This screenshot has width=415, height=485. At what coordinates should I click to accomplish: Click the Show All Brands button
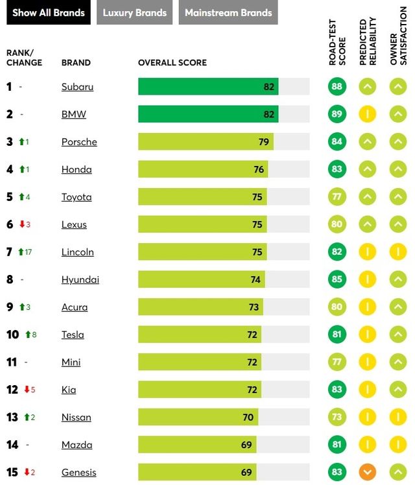coord(49,13)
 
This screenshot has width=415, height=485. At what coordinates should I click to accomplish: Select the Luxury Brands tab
coord(134,13)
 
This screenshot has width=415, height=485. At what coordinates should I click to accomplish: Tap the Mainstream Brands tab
coord(228,13)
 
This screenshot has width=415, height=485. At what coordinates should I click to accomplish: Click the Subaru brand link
coord(77,87)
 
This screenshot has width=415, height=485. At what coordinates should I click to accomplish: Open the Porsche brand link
coord(79,142)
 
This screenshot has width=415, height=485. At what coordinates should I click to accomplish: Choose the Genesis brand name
coord(78,473)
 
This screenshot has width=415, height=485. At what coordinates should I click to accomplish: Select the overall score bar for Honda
coord(202,169)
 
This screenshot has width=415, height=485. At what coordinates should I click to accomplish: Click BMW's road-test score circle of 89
coord(337,114)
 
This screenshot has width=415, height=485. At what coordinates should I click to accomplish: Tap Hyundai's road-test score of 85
coord(337,279)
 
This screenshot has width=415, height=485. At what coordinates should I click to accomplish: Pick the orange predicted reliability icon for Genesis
coord(367,473)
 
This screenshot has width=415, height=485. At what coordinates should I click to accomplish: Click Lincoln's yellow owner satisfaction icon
coord(398,252)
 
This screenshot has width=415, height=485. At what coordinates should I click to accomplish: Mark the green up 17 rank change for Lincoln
coord(25,252)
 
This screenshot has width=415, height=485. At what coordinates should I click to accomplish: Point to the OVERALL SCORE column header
coord(172,63)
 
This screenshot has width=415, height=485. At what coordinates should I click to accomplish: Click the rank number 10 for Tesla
coord(12,335)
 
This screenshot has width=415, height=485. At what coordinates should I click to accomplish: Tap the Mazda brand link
coord(77,445)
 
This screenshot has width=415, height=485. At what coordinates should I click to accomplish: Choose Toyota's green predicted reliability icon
coord(367,197)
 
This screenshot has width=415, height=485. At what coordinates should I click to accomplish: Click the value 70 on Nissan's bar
coord(248,418)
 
